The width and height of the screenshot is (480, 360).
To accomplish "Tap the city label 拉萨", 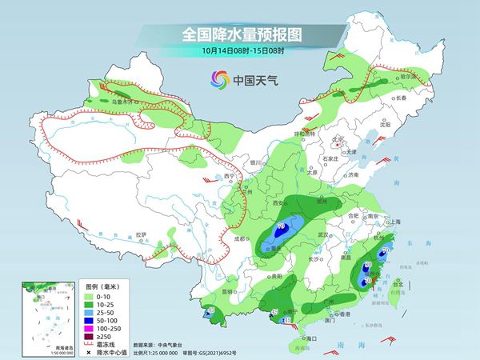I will point(142,234).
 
